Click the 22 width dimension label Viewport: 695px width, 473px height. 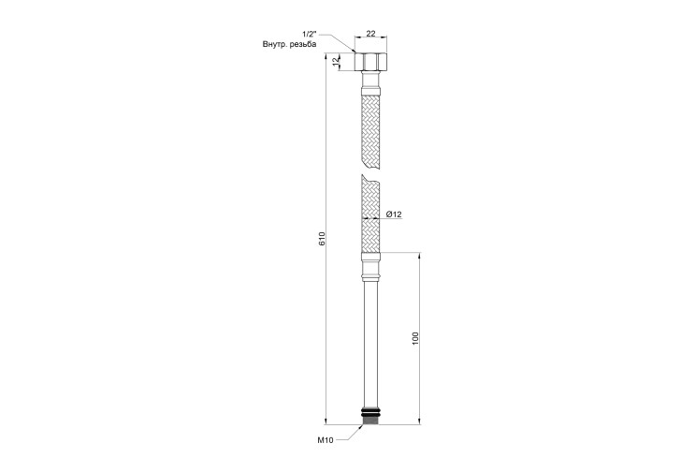click(x=371, y=34)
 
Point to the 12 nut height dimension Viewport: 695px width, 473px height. click(x=336, y=61)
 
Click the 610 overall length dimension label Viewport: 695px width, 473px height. click(x=322, y=239)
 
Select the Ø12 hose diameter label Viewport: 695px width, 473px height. click(x=394, y=214)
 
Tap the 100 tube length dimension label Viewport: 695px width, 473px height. click(x=415, y=338)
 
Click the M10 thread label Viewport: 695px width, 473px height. click(x=325, y=440)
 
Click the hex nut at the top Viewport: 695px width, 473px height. click(x=371, y=62)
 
